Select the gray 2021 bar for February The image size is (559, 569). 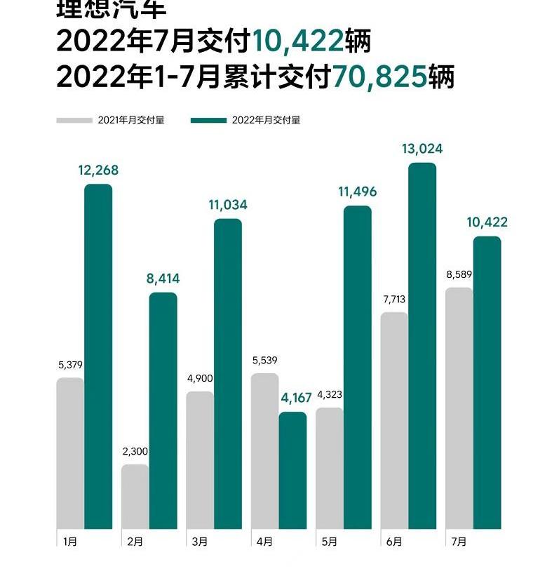(x=135, y=496)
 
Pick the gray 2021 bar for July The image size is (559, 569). (x=459, y=408)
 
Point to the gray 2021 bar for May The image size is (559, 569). (x=329, y=468)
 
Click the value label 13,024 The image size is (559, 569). (x=422, y=149)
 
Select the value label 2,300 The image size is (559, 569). (x=135, y=451)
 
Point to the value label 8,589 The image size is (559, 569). (x=459, y=274)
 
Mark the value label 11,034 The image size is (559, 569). (x=228, y=205)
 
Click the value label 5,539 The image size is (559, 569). (x=264, y=361)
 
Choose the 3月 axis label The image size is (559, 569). (x=199, y=542)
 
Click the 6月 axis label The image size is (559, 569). (x=394, y=542)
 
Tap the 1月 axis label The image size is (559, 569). (x=70, y=542)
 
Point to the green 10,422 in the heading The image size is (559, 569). (x=297, y=43)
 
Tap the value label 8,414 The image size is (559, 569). (x=163, y=279)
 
